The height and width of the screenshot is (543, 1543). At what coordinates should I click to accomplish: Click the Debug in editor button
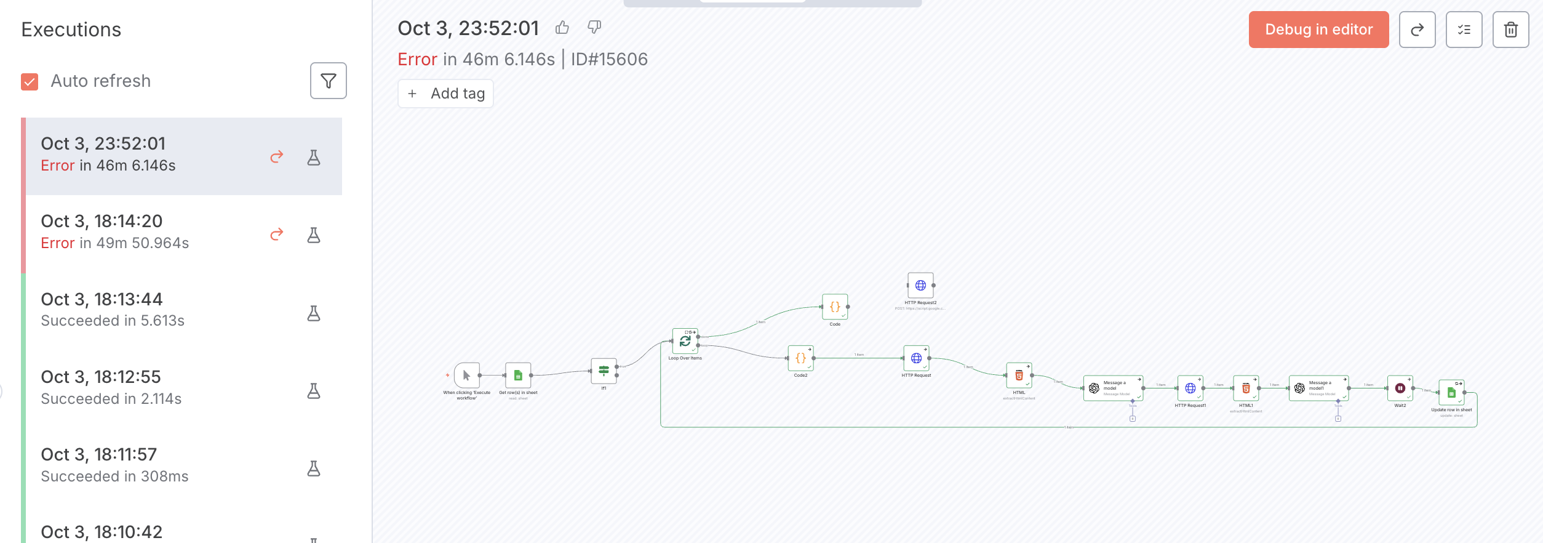(1318, 30)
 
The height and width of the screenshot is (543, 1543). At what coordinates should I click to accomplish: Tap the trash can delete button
(1510, 30)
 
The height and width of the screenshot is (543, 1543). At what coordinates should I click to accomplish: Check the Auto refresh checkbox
(30, 81)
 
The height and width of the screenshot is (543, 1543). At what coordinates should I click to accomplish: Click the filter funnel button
(328, 81)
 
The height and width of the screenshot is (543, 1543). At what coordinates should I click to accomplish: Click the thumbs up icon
(562, 28)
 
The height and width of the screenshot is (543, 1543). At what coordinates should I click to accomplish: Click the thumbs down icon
(594, 27)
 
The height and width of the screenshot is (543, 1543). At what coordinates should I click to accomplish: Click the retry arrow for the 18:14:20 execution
(277, 234)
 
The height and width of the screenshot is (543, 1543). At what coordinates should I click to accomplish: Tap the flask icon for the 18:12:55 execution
(314, 391)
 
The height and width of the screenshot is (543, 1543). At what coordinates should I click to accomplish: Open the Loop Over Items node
(685, 341)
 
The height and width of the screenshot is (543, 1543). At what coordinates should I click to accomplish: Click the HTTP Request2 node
(920, 286)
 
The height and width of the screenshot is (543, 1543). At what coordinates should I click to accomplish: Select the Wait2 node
(1400, 388)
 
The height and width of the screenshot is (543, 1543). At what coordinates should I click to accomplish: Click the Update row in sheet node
(1451, 393)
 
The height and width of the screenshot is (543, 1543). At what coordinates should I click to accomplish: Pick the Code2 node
(800, 358)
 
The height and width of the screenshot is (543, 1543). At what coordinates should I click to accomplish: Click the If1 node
(604, 371)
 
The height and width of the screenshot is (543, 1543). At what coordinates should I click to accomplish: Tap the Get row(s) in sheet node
(518, 376)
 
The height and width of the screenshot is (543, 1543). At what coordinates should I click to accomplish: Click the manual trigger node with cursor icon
(466, 376)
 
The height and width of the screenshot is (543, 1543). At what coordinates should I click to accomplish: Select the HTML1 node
(1246, 388)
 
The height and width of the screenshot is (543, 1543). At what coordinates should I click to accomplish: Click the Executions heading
(71, 30)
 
